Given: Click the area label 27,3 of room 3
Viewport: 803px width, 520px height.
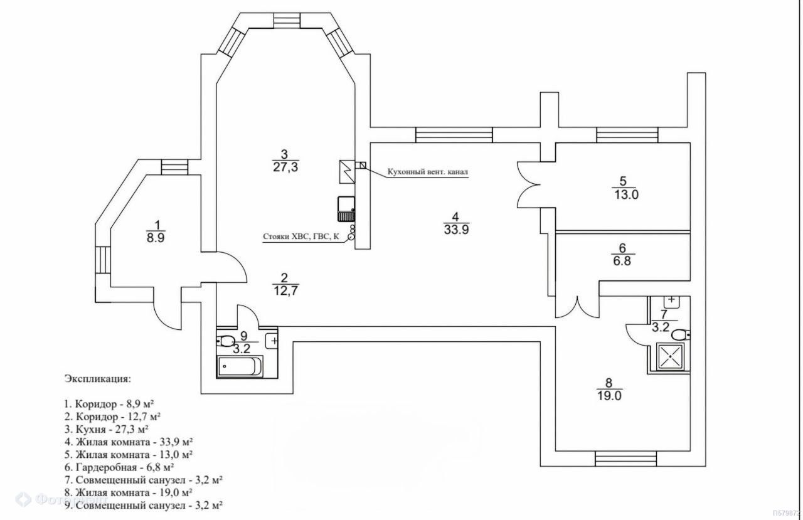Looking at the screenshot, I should [x=284, y=167].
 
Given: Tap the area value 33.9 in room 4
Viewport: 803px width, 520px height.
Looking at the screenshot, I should [x=456, y=229].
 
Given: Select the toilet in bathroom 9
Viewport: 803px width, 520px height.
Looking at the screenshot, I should [x=225, y=341].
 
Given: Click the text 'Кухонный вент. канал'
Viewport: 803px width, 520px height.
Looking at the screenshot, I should [x=428, y=171].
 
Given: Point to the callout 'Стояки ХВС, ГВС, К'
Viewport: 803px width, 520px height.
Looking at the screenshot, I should [x=301, y=237].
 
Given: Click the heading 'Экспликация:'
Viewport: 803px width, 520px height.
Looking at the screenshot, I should [x=97, y=379].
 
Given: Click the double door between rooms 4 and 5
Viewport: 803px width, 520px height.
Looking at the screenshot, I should [x=529, y=184].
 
